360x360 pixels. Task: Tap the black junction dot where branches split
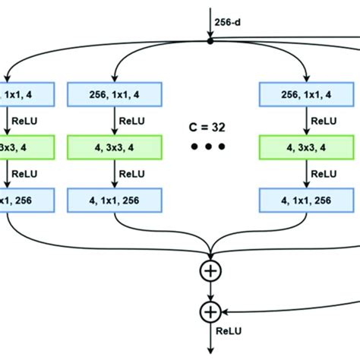(210, 39)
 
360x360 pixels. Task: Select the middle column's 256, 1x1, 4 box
(115, 94)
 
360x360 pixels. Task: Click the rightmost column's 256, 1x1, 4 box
(307, 94)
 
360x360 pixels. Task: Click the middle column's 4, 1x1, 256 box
(115, 201)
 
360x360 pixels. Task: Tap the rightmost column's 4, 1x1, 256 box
(307, 201)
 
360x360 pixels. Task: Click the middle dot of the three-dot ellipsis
(210, 147)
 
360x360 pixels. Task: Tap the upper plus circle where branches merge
(210, 270)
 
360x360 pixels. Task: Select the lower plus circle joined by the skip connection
(210, 311)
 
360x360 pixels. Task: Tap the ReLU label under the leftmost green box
(27, 174)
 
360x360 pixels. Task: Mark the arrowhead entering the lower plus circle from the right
(226, 311)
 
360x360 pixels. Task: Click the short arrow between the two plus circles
(210, 291)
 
